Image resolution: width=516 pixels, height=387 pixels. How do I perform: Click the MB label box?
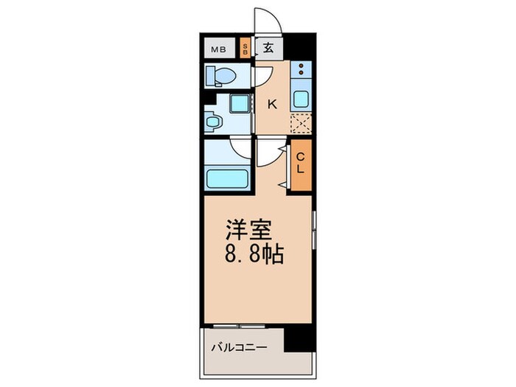(x=218, y=50)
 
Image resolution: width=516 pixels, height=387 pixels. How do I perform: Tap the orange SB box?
(x=245, y=49)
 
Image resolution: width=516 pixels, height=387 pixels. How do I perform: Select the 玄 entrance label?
(x=269, y=49)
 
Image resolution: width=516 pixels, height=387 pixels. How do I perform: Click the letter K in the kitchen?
(x=271, y=104)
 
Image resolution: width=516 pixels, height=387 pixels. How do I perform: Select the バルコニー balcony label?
(x=237, y=346)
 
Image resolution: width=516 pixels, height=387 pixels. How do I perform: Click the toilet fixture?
(x=220, y=75)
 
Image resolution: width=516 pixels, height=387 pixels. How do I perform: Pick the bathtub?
(x=228, y=179)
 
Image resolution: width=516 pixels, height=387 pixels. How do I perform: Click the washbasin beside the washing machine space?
(x=213, y=120)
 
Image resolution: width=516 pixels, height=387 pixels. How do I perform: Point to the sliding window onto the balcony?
(x=243, y=325)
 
